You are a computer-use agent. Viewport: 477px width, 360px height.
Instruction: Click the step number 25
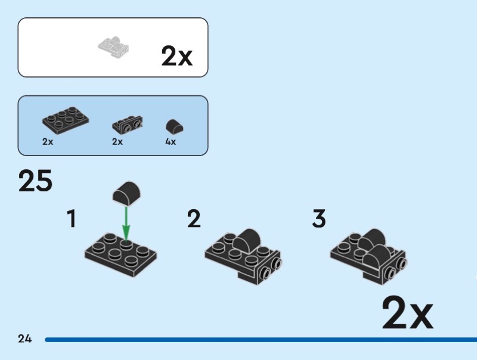pyautogui.click(x=35, y=181)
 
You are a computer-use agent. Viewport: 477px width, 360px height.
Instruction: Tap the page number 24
pyautogui.click(x=24, y=339)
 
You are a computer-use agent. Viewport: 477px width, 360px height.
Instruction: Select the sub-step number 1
pyautogui.click(x=72, y=218)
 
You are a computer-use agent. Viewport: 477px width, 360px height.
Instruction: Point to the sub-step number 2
pyautogui.click(x=194, y=218)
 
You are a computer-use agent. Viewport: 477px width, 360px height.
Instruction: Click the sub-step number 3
pyautogui.click(x=319, y=218)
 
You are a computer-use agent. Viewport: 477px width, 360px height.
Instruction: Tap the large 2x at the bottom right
pyautogui.click(x=407, y=312)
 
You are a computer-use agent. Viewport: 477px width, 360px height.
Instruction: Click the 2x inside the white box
pyautogui.click(x=176, y=55)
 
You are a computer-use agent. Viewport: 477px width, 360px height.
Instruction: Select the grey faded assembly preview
pyautogui.click(x=113, y=47)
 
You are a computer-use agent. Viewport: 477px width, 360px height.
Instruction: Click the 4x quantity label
pyautogui.click(x=171, y=142)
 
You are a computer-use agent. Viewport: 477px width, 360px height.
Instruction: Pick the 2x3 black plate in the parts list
pyautogui.click(x=66, y=120)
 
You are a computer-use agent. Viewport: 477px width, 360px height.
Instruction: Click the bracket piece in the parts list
pyautogui.click(x=128, y=125)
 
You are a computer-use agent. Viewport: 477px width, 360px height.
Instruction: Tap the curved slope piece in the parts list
pyautogui.click(x=175, y=126)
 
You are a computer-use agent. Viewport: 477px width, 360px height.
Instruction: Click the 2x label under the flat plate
pyautogui.click(x=48, y=142)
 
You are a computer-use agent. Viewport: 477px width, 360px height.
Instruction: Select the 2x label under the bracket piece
pyautogui.click(x=117, y=142)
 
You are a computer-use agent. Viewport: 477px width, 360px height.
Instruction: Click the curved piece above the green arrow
pyautogui.click(x=126, y=193)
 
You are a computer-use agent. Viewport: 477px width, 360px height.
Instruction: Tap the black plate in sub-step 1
pyautogui.click(x=121, y=255)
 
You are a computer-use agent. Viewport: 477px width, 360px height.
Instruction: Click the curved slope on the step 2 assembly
pyautogui.click(x=247, y=241)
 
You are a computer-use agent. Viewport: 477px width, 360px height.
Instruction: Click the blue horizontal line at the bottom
pyautogui.click(x=261, y=340)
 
